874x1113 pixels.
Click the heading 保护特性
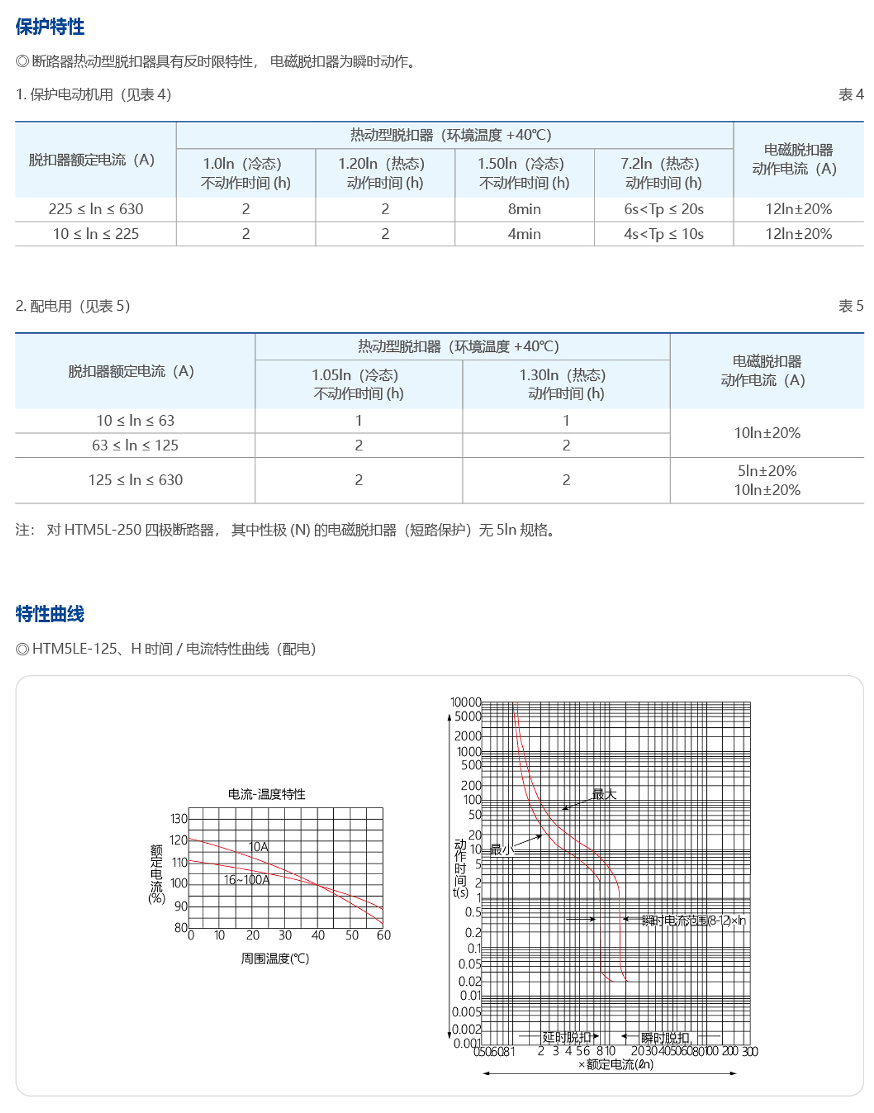(x=50, y=26)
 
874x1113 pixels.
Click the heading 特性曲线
(x=50, y=614)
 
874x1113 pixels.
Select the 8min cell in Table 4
(x=524, y=209)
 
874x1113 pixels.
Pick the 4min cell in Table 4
(x=524, y=234)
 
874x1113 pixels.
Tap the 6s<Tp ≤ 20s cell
(x=663, y=209)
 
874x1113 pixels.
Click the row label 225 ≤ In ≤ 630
(x=96, y=209)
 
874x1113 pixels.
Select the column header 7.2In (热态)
(x=660, y=163)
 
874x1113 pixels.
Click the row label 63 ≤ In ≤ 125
(x=135, y=445)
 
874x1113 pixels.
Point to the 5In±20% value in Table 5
(x=766, y=471)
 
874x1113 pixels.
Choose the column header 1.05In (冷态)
(x=355, y=375)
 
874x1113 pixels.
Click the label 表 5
(x=851, y=306)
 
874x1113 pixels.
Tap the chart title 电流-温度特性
(x=267, y=794)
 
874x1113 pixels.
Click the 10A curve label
(x=258, y=846)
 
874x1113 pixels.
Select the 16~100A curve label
(x=246, y=880)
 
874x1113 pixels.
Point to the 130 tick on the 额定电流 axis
(x=179, y=818)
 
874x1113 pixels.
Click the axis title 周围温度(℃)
(x=275, y=958)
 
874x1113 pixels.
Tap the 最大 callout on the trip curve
(x=604, y=794)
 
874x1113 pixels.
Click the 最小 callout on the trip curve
(x=500, y=849)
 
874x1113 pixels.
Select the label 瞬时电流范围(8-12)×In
(x=693, y=921)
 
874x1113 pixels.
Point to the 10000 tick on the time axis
(x=465, y=702)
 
